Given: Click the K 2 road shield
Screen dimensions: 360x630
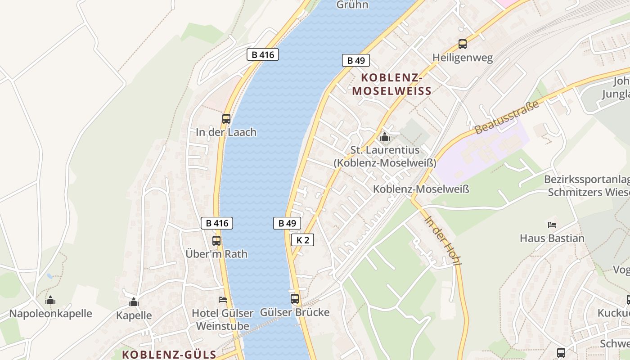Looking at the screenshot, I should [302, 240].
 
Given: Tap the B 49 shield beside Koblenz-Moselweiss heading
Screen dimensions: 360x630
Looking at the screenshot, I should [355, 60].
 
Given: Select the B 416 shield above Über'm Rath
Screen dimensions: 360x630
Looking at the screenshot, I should [216, 223].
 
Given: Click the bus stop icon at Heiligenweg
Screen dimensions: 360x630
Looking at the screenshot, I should [463, 44].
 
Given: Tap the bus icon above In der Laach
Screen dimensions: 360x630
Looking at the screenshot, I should [226, 119].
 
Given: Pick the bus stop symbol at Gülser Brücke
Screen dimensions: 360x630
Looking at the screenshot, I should [295, 298].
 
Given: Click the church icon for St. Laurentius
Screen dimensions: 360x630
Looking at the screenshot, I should [384, 137].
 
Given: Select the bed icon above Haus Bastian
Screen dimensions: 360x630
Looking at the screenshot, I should [552, 225].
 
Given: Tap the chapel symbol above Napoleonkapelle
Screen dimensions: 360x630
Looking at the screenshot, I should [50, 300].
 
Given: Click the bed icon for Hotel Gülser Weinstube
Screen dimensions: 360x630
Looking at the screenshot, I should [223, 299].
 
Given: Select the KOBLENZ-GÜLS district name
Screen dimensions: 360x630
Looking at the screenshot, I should [169, 354].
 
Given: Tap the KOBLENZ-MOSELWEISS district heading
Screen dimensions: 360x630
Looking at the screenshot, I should [391, 85].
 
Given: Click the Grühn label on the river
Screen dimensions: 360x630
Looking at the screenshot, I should [352, 5].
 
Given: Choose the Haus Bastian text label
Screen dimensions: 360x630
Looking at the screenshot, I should [552, 238].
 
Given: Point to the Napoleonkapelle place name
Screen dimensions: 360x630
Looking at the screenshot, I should [50, 314].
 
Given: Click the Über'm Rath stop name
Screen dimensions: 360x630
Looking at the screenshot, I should [216, 254].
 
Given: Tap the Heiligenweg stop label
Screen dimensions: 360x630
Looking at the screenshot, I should [463, 58].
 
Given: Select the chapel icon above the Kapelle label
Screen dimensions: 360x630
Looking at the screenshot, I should [134, 302].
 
